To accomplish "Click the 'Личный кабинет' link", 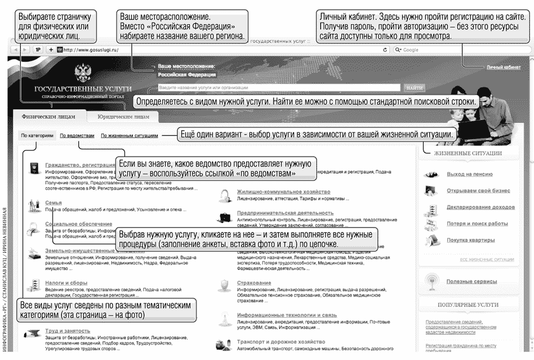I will pyautogui.click(x=504, y=67).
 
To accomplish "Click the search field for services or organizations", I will pyautogui.click(x=279, y=88).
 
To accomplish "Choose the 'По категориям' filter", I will pyautogui.click(x=37, y=136).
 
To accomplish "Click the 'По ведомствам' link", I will pyautogui.click(x=77, y=136).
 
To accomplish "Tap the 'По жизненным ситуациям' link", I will pyautogui.click(x=129, y=136).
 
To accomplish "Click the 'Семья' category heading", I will pyautogui.click(x=54, y=202).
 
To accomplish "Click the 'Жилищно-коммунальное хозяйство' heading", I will pyautogui.click(x=283, y=192).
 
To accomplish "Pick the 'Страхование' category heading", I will pyautogui.click(x=253, y=283).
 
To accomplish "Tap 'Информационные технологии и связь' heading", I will pyautogui.click(x=286, y=315).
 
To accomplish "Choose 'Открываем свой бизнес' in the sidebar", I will pyautogui.click(x=477, y=190).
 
